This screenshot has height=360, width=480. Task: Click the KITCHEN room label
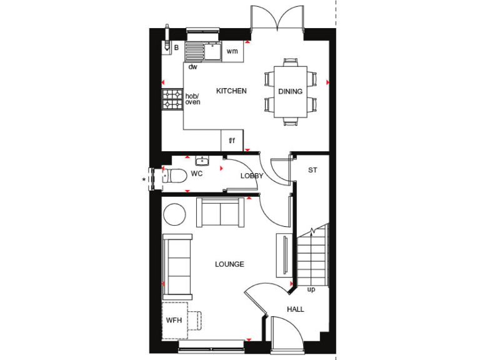point(231,91)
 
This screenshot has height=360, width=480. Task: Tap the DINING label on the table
point(290,92)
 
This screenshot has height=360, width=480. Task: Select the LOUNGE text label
point(229,264)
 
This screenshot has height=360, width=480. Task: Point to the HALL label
point(296,309)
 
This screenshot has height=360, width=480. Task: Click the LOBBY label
point(252,176)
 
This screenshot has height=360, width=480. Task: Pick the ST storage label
point(313,170)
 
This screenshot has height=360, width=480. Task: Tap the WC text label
point(197,173)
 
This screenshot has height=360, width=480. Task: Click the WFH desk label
point(173,321)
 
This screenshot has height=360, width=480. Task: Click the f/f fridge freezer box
point(231,141)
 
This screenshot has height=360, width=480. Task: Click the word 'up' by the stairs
point(311,289)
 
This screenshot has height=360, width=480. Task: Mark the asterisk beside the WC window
point(144,180)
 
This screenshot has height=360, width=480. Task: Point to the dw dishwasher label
point(192,66)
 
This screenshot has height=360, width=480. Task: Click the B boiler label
point(176,47)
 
